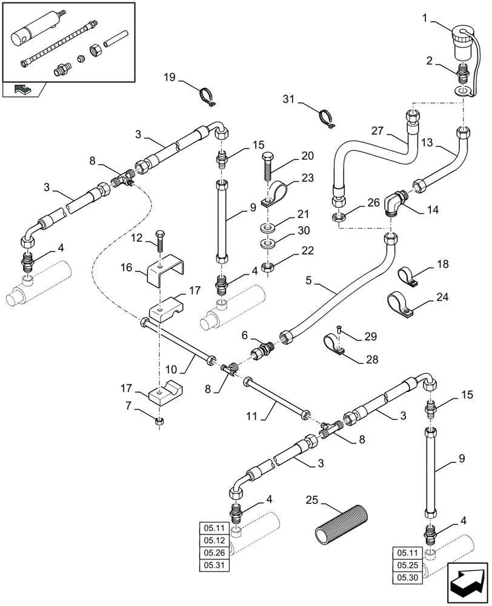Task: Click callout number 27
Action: pyautogui.click(x=377, y=129)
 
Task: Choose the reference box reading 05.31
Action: pyautogui.click(x=213, y=565)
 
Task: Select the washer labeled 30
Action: pyautogui.click(x=268, y=244)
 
